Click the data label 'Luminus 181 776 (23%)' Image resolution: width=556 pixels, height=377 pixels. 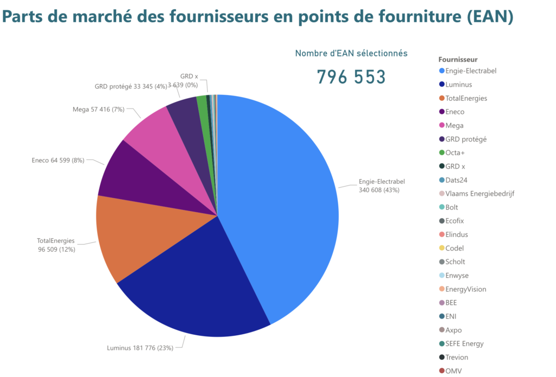coord(140,348)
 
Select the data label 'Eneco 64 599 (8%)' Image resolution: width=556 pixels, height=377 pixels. coord(58,160)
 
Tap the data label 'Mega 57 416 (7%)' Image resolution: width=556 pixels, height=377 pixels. coord(98,109)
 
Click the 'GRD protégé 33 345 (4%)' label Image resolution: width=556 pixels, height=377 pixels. coord(130,86)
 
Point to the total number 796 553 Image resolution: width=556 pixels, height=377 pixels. coord(351,77)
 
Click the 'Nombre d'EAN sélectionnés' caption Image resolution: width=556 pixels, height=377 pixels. coord(351,53)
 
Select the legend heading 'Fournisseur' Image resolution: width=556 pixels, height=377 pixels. coord(457,59)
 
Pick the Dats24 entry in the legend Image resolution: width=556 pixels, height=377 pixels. coord(456,180)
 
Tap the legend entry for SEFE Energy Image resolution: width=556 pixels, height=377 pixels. coord(464,343)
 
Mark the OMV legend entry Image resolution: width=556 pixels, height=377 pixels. coord(453,371)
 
